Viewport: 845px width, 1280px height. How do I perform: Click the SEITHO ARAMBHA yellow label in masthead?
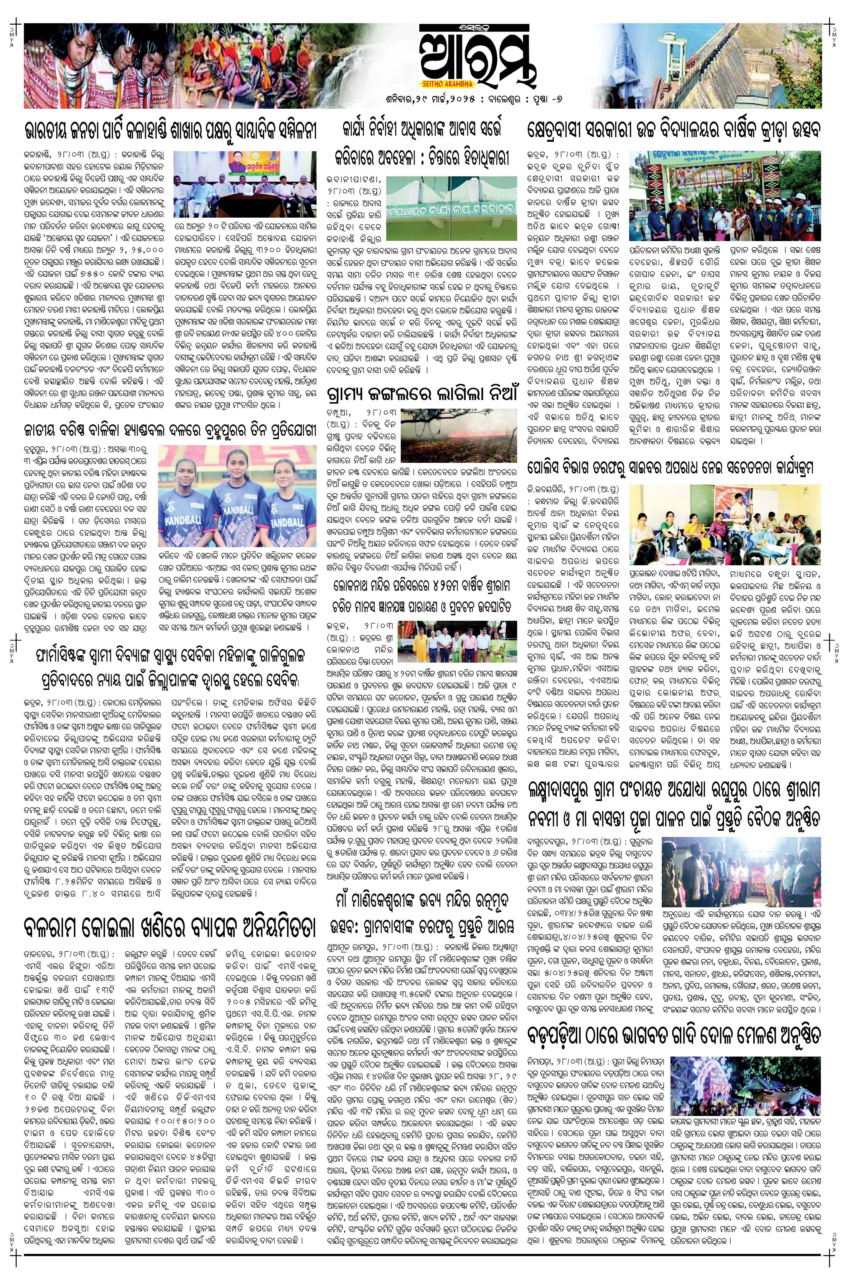438,84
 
